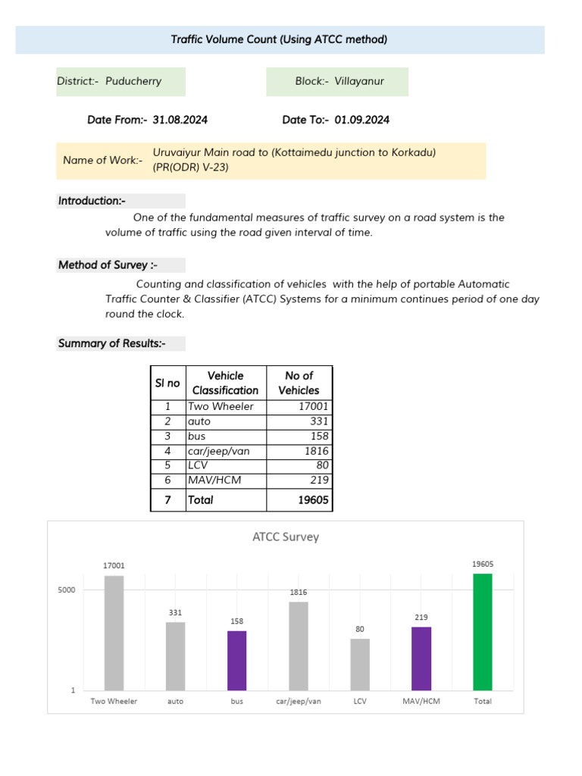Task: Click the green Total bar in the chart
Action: pos(482,632)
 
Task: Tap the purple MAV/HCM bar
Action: pos(421,659)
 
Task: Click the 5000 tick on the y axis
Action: pos(66,590)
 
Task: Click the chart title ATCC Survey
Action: pos(285,537)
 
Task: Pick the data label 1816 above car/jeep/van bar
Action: pos(298,592)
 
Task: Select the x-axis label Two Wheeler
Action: pos(114,701)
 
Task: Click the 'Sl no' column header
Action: pos(167,383)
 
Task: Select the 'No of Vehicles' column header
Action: pos(299,383)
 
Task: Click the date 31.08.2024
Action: pos(180,120)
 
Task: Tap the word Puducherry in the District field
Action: pos(133,81)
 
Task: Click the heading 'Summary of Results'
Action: pos(111,343)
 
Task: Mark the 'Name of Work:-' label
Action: pos(102,160)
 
